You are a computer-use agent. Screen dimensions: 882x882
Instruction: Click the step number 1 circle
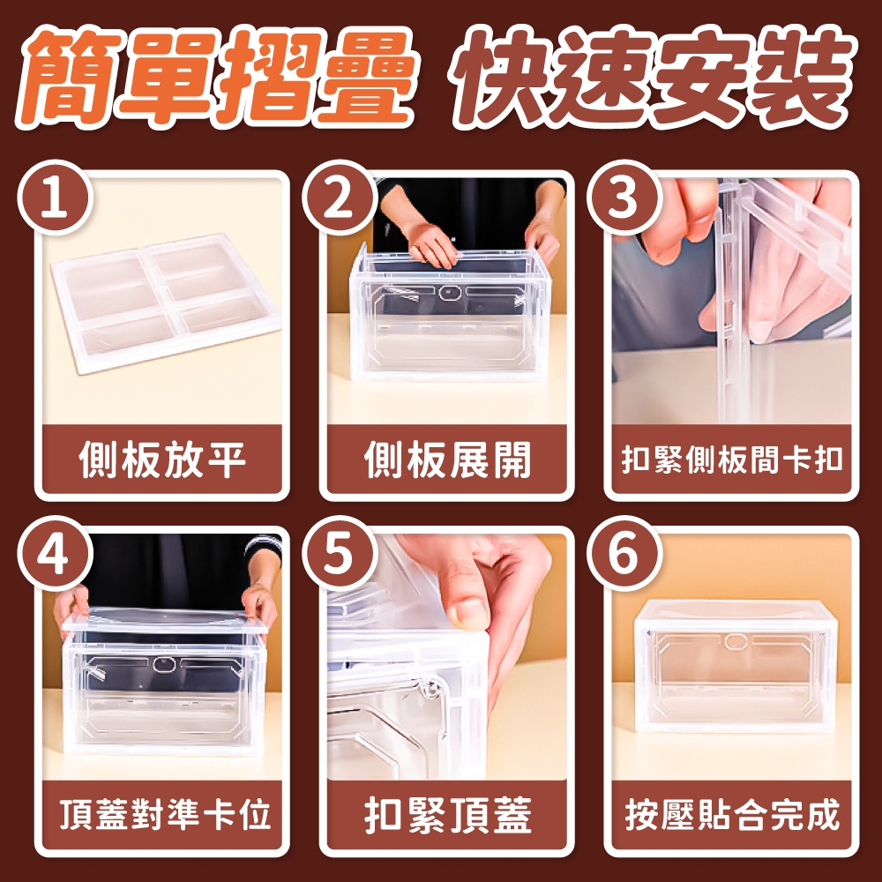(x=55, y=198)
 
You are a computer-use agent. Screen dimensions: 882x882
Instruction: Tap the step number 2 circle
(x=340, y=198)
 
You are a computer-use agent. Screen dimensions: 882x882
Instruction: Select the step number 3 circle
(x=624, y=198)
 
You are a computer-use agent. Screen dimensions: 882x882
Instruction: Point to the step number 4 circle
(x=55, y=553)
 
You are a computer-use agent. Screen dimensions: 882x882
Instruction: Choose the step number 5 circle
(x=340, y=553)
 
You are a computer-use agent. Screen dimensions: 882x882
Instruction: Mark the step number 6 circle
(x=624, y=553)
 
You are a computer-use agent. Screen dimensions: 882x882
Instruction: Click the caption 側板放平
(x=162, y=460)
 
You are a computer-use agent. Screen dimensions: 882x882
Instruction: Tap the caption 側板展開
(x=447, y=460)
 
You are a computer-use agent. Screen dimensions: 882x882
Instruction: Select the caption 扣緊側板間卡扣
(x=732, y=460)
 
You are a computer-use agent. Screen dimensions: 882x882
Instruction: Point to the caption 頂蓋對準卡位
(x=165, y=814)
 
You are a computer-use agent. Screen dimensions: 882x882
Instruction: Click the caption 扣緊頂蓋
(x=447, y=814)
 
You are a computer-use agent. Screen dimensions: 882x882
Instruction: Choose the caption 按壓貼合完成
(x=732, y=814)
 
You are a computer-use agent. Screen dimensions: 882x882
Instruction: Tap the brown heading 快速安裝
(x=655, y=77)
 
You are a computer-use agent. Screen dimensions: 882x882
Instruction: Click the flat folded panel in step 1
(x=166, y=303)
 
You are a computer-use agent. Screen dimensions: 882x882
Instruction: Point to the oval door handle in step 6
(x=735, y=641)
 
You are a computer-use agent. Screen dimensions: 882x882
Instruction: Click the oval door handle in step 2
(x=450, y=293)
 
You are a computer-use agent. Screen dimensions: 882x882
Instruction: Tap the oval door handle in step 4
(x=164, y=664)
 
